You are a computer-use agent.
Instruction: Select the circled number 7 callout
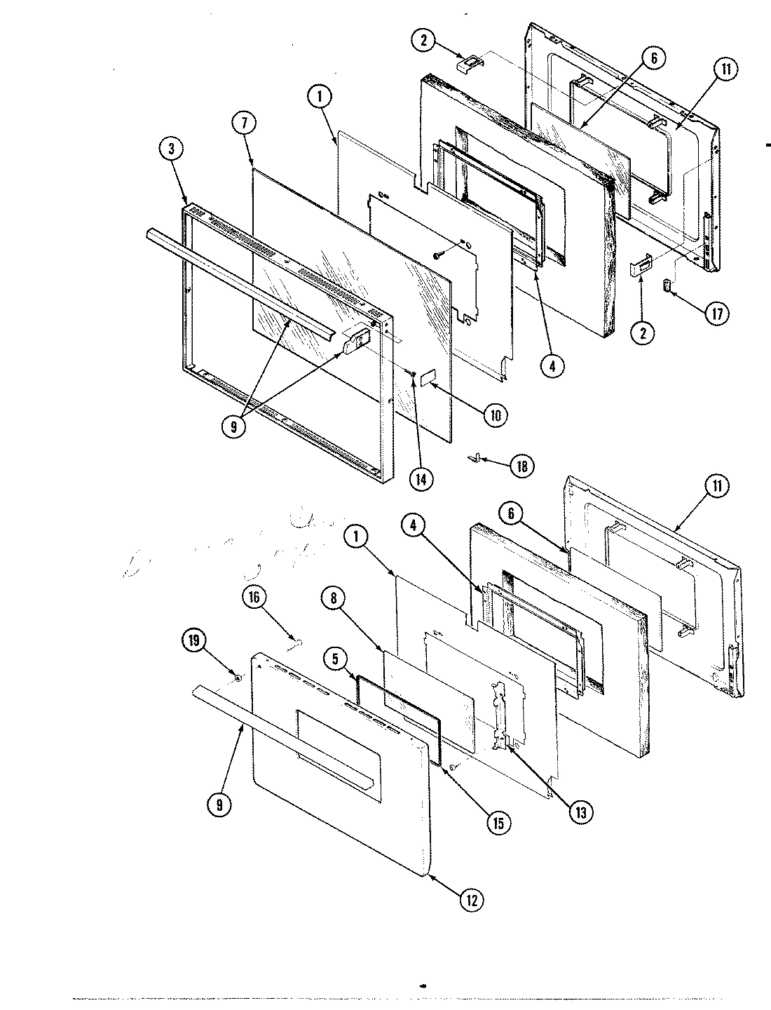click(244, 123)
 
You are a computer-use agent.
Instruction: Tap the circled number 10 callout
click(495, 415)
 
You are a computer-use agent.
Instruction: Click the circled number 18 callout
click(520, 466)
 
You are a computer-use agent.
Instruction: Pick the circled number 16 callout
click(254, 598)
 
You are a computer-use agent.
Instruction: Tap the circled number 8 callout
click(334, 598)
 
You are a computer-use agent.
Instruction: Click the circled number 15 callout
click(498, 822)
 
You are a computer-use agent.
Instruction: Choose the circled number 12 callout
click(472, 900)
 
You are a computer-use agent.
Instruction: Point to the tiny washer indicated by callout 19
click(238, 678)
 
